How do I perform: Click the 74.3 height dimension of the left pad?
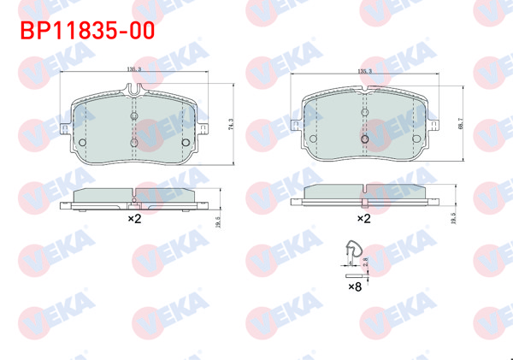[x=230, y=123]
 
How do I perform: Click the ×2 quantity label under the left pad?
[x=134, y=219]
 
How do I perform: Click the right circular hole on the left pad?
[x=186, y=142]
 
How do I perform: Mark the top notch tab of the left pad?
[x=134, y=88]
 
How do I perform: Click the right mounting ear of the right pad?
[x=436, y=127]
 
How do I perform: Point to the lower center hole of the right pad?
[x=365, y=138]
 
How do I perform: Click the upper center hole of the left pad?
[x=134, y=117]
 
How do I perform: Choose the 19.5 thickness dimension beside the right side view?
[x=451, y=220]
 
